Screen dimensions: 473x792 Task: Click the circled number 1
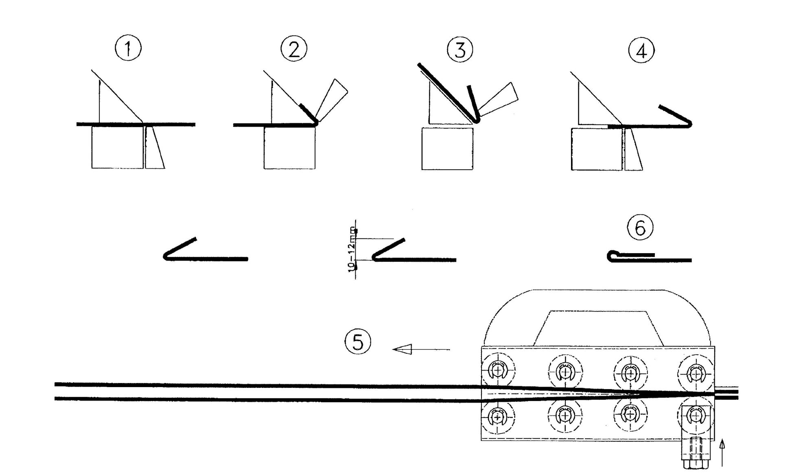point(128,48)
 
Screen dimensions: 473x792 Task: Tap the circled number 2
point(294,49)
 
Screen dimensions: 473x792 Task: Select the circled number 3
point(460,50)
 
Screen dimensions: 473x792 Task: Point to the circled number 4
point(641,51)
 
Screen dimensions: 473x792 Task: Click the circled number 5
point(358,342)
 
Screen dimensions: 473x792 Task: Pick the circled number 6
point(640,228)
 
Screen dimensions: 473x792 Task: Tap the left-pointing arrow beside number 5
point(421,349)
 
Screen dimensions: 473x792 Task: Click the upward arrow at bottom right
point(722,452)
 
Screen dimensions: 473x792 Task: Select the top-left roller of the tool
point(498,371)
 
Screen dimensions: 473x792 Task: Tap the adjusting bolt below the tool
point(696,454)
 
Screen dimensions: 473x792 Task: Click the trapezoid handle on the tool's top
point(598,329)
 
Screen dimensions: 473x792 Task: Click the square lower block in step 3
point(447,149)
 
